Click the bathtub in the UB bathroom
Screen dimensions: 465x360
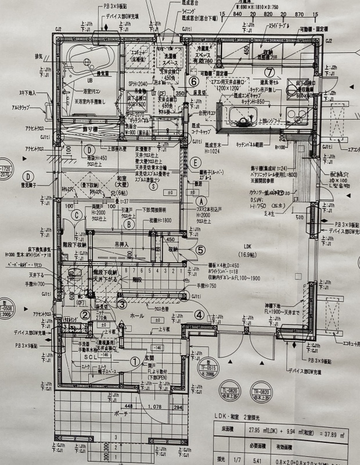(x=89, y=58)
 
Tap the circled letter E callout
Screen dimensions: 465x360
(x=197, y=162)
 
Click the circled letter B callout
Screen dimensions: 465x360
(x=132, y=223)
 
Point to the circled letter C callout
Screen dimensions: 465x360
(x=76, y=214)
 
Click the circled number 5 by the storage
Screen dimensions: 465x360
(x=200, y=251)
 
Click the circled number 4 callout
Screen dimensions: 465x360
(x=200, y=316)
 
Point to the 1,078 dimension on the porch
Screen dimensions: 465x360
(x=154, y=407)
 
